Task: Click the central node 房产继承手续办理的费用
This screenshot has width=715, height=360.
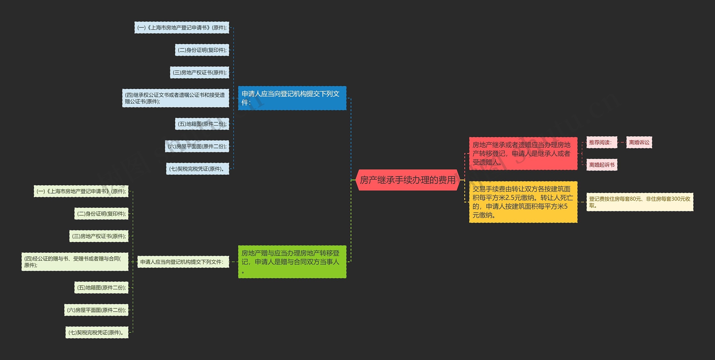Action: click(x=407, y=180)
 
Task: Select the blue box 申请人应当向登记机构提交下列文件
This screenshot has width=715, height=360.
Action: click(x=292, y=98)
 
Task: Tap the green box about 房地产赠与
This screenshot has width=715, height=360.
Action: click(x=292, y=262)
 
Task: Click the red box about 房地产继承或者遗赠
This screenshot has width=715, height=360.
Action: click(x=523, y=153)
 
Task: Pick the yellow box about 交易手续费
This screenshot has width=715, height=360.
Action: click(x=523, y=202)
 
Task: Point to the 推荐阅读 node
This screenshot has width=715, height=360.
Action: click(x=601, y=142)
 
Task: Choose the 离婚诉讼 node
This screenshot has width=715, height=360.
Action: click(x=639, y=142)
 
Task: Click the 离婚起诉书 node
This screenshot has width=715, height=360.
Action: click(x=602, y=165)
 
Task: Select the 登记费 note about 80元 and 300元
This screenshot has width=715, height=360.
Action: click(x=640, y=202)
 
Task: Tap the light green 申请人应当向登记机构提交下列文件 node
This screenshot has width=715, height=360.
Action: click(x=183, y=262)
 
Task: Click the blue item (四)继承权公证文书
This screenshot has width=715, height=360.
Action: click(x=175, y=98)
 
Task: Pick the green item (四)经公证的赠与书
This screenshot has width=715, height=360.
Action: click(x=75, y=262)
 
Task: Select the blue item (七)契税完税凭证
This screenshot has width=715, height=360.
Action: click(x=197, y=169)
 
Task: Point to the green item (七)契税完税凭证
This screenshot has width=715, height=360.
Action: click(x=97, y=332)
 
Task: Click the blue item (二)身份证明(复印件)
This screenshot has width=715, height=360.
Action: click(x=202, y=50)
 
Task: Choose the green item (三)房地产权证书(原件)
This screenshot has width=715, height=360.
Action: click(x=99, y=236)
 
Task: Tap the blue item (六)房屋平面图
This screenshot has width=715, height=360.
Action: click(x=197, y=146)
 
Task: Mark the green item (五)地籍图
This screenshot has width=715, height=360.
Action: click(x=101, y=287)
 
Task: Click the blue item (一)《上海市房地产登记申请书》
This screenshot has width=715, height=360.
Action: click(x=182, y=28)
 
